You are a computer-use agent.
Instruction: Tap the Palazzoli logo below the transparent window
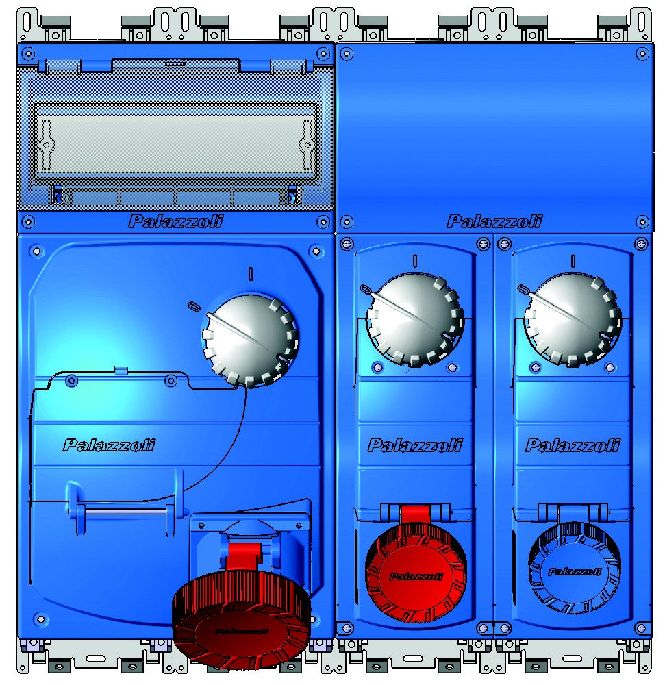[x=175, y=221]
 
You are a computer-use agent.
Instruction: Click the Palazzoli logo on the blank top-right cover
[x=494, y=221]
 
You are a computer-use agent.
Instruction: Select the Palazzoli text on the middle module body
[x=414, y=446]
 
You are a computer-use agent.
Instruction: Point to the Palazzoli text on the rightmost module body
[x=573, y=446]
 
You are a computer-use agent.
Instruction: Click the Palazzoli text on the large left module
[x=109, y=445]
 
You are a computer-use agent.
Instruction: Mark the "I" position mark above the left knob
[x=251, y=273]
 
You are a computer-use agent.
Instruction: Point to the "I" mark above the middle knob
[x=414, y=260]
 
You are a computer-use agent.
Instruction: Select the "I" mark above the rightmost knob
[x=573, y=260]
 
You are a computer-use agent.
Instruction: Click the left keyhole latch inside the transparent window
[x=46, y=145]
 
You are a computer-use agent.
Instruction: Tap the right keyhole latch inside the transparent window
[x=306, y=145]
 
